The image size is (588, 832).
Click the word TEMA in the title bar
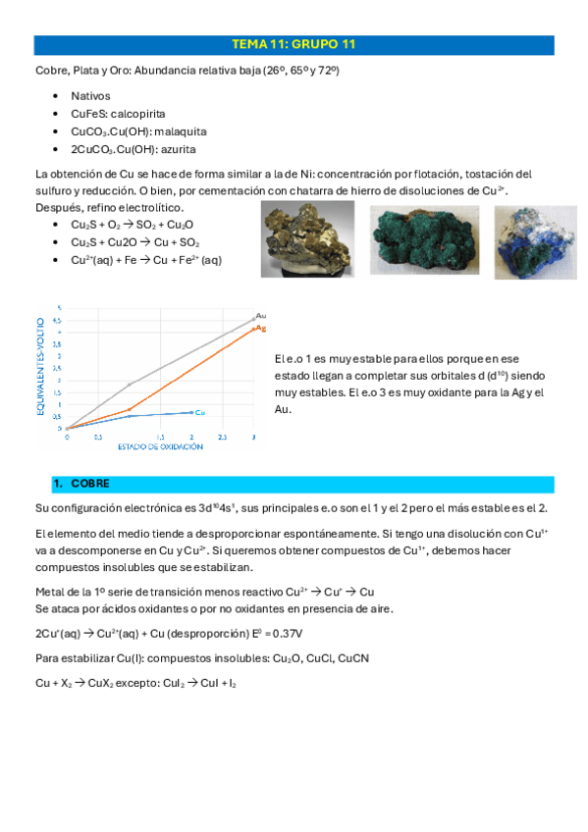click(x=249, y=45)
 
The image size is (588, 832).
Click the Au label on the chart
click(x=260, y=315)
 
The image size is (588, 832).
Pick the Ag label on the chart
click(x=260, y=327)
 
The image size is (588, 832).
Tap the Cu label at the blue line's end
click(x=199, y=412)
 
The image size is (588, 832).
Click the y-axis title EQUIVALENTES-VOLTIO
click(x=41, y=365)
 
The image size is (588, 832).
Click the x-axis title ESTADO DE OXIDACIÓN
click(x=160, y=446)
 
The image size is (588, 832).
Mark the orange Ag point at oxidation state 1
click(x=130, y=409)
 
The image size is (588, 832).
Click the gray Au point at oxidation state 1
click(x=130, y=385)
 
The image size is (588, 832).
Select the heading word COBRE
click(x=91, y=484)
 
